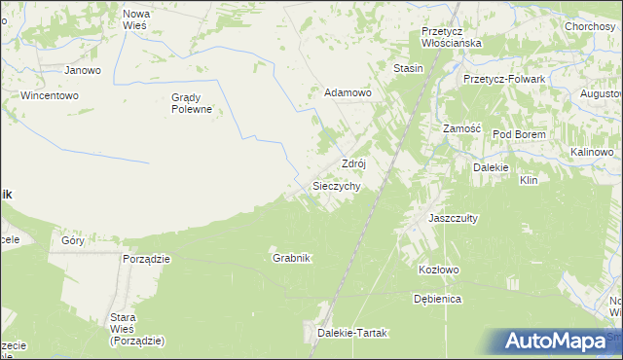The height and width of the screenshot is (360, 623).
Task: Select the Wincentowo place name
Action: [x=49, y=96]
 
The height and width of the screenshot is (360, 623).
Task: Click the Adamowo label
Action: [x=348, y=93]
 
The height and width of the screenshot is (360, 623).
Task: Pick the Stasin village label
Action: [x=408, y=69]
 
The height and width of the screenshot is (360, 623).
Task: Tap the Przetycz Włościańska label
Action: [x=452, y=37]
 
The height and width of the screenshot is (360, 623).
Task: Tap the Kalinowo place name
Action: [x=591, y=153]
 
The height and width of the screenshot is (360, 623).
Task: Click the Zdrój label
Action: [x=352, y=163]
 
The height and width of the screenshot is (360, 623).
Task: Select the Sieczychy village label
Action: [x=337, y=185]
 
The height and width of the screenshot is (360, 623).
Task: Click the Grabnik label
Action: [x=291, y=258]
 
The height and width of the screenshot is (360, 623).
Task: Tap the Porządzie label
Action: [x=147, y=259]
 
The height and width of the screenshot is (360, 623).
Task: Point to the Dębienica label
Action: [x=437, y=299]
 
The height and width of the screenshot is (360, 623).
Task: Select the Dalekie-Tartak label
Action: [x=352, y=333]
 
